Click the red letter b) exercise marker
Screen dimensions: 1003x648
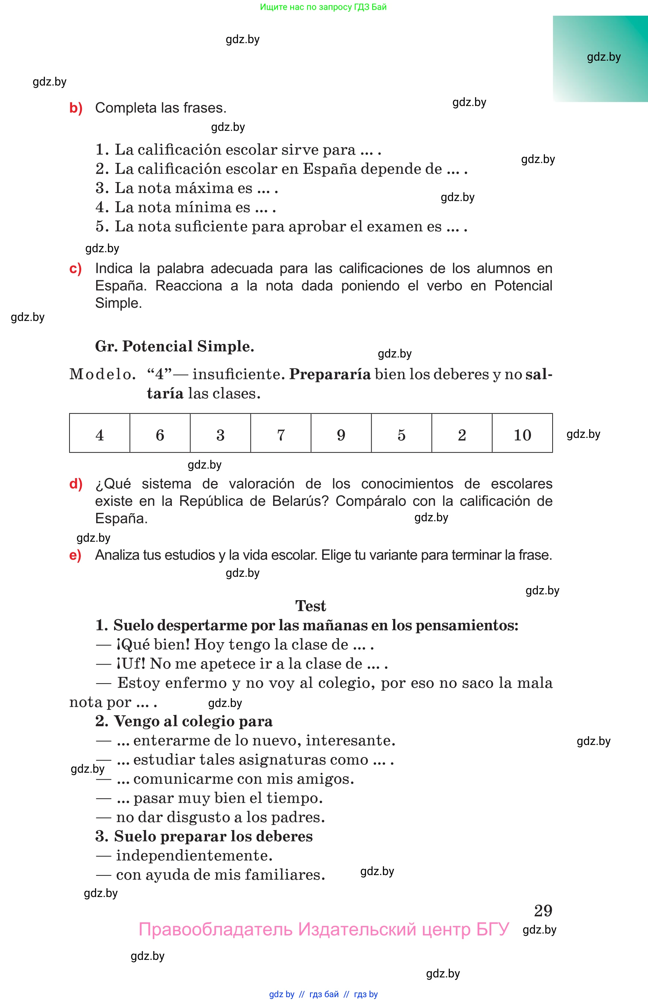pyautogui.click(x=76, y=108)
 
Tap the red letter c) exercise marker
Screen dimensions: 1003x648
pyautogui.click(x=75, y=268)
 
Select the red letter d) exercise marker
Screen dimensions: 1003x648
pyautogui.click(x=76, y=484)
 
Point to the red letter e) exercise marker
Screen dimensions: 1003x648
pyautogui.click(x=75, y=555)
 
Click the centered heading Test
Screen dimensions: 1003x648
pyautogui.click(x=310, y=606)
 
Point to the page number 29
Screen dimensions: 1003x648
pyautogui.click(x=543, y=911)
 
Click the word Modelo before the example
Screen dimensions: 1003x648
pyautogui.click(x=103, y=374)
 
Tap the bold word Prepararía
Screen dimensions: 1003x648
pyautogui.click(x=330, y=374)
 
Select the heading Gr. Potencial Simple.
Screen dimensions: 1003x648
pyautogui.click(x=175, y=346)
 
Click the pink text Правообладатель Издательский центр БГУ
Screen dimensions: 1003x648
pyautogui.click(x=324, y=929)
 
